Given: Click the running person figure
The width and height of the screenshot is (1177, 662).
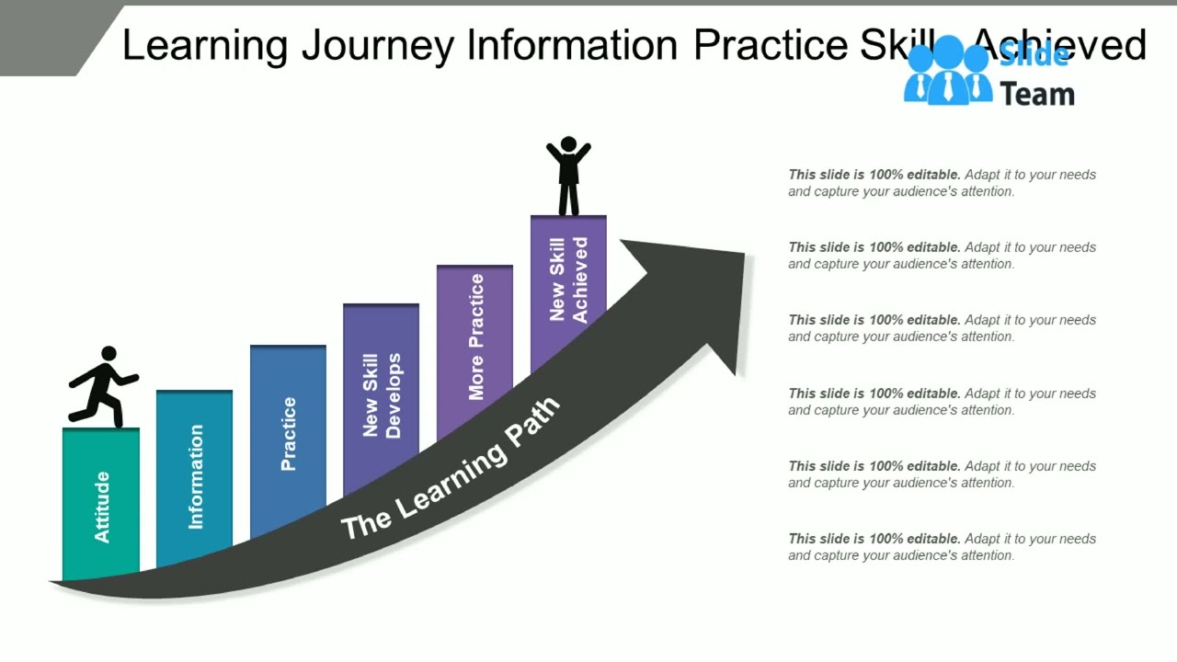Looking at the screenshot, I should click(103, 388).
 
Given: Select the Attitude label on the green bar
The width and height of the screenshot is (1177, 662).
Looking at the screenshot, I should click(102, 507).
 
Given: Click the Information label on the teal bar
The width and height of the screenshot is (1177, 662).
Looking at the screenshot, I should click(196, 476).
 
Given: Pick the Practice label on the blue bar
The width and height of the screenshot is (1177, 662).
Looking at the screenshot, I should click(289, 434).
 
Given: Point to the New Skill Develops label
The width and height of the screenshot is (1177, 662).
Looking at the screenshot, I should click(382, 395).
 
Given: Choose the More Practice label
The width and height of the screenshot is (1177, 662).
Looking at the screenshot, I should click(475, 337).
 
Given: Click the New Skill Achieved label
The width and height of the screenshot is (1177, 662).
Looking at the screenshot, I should click(568, 280).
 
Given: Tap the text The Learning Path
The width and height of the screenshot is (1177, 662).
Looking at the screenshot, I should click(450, 469).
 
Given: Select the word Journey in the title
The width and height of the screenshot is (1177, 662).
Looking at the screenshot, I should click(377, 45).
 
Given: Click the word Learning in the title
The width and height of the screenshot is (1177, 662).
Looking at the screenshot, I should click(205, 45).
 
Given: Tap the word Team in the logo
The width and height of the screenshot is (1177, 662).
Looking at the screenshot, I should click(1037, 94).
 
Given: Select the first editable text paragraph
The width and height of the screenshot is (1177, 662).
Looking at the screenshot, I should click(942, 183).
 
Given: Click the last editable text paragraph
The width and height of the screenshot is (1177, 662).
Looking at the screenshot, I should click(942, 547).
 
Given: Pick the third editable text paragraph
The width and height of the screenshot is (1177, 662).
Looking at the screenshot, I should click(942, 328).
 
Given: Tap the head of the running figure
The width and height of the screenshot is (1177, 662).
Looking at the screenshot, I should click(109, 354).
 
